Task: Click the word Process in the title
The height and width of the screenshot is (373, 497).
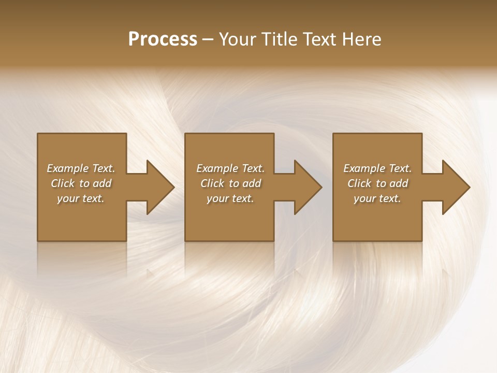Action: coord(163,39)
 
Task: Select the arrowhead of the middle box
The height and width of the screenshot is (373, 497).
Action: coord(308,187)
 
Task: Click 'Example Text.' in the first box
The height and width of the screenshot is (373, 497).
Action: coord(81,168)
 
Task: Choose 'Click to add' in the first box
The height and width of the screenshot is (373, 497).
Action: coord(81,183)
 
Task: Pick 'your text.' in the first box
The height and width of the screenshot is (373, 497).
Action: coord(81,198)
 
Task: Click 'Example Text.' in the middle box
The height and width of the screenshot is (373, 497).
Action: coord(230,168)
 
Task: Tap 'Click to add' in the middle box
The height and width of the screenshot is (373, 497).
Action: coord(230,183)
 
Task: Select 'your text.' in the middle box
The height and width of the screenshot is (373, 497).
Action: coord(230,198)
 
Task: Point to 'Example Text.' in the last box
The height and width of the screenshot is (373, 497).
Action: coord(377,168)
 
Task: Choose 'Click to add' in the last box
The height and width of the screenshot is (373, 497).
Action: coord(377,183)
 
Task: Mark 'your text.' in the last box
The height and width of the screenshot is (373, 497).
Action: coord(377,198)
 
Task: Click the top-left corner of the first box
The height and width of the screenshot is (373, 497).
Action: coord(38,134)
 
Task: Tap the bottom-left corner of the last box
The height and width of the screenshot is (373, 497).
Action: coord(334,240)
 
